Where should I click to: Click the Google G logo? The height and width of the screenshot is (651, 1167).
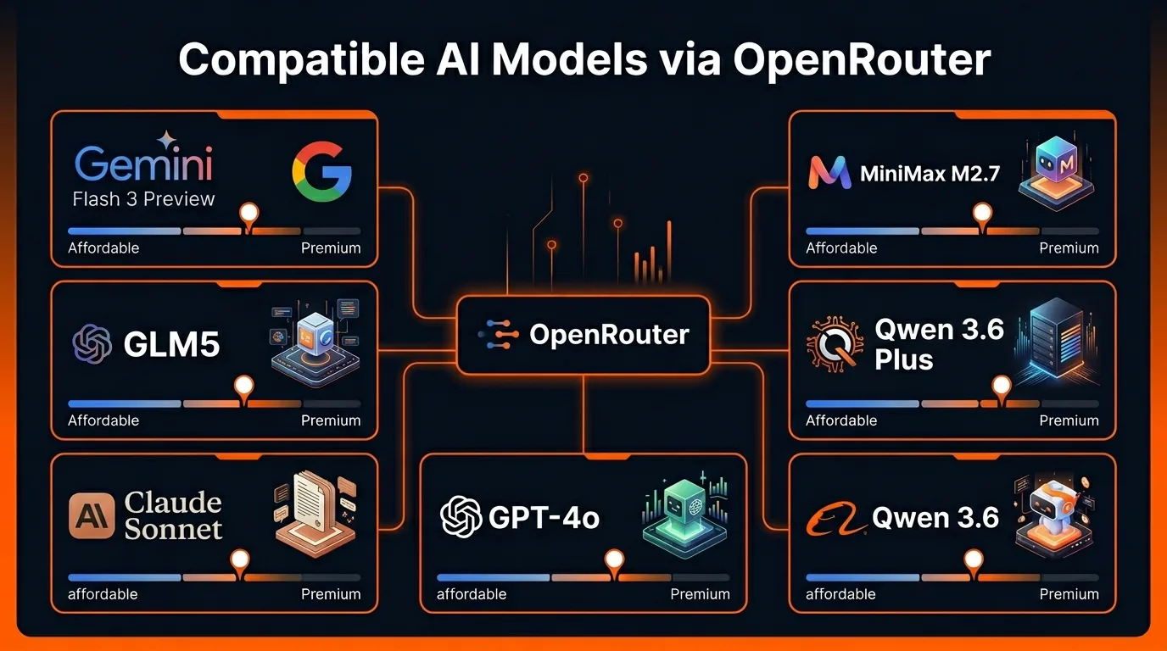(x=321, y=171)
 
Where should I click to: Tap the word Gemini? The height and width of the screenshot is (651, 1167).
(x=142, y=164)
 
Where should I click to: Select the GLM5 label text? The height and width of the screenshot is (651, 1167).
(x=171, y=344)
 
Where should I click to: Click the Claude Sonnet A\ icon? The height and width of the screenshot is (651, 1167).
(x=91, y=516)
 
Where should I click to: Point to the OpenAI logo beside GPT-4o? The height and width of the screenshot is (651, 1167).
(x=461, y=516)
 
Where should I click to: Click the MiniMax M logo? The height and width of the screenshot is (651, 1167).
(x=829, y=173)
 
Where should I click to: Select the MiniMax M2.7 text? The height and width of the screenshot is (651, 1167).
(x=930, y=174)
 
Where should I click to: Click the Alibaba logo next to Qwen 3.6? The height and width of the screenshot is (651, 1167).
(x=835, y=519)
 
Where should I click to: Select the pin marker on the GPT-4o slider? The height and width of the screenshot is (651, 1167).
(x=612, y=560)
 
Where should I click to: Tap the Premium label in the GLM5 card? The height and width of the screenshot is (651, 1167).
(x=331, y=420)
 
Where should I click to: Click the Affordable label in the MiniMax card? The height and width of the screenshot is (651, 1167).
(x=841, y=248)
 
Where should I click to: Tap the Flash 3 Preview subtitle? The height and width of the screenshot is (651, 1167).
(x=142, y=199)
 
